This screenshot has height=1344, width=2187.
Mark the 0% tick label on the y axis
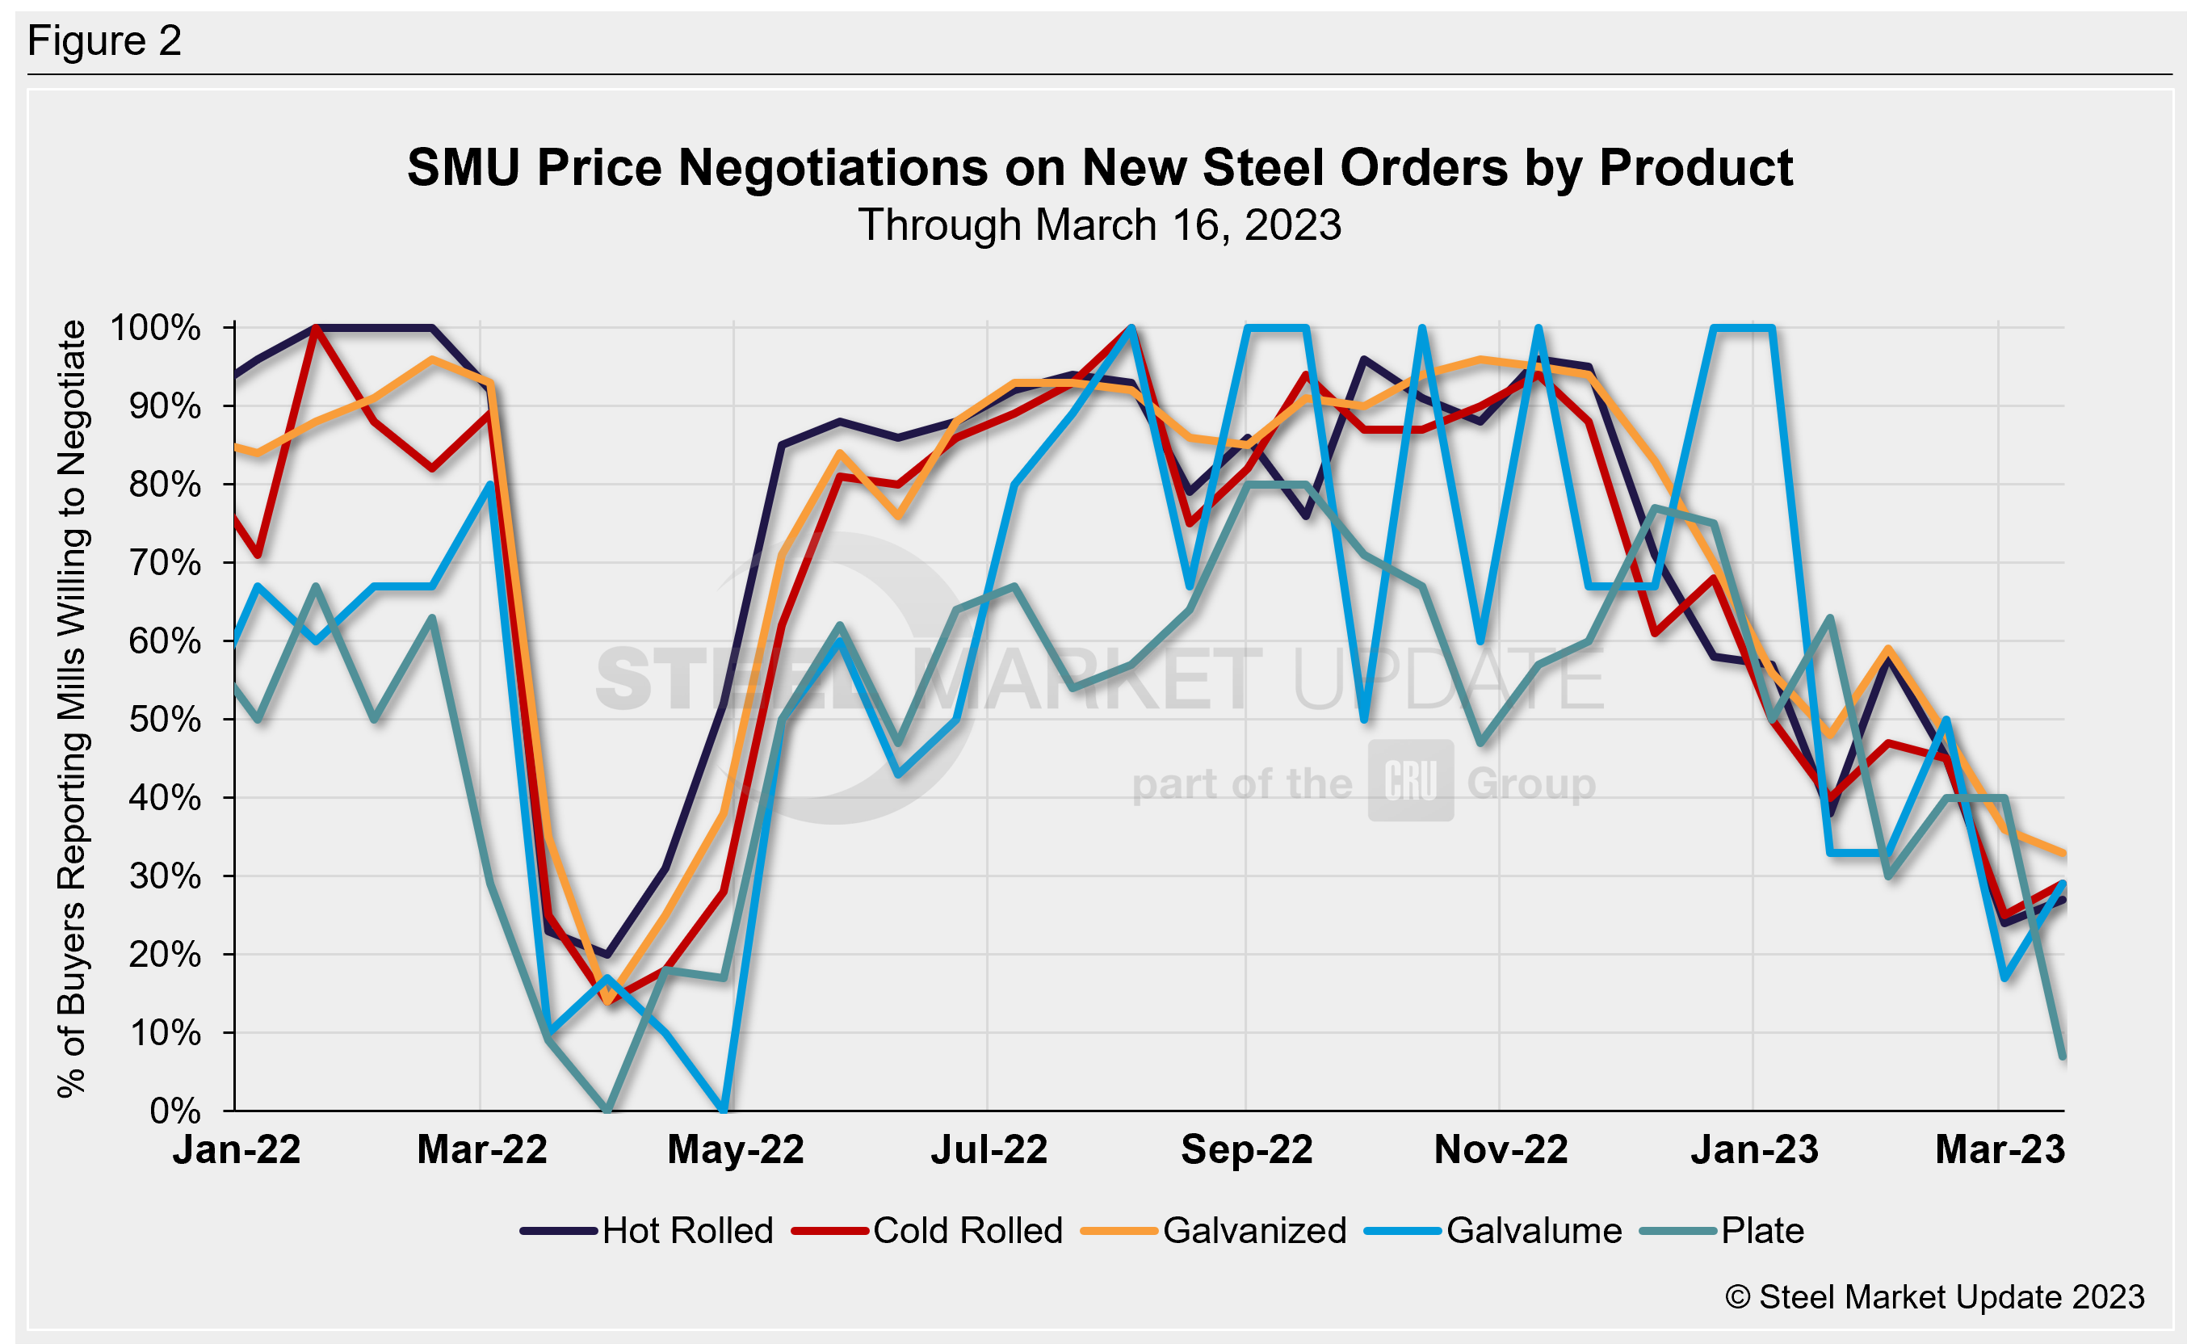175,1111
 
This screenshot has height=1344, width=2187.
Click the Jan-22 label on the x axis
237,1149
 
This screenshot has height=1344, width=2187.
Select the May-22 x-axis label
735,1149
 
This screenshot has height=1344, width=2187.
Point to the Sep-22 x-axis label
1246,1149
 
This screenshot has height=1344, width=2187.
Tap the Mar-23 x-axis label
2000,1149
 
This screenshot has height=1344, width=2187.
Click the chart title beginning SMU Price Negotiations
1099,167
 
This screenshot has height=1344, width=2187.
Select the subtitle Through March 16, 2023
1099,225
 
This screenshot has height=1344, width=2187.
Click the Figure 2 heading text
105,41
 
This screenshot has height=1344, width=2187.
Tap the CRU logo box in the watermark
1410,780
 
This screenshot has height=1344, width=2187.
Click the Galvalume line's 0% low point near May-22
724,1109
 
